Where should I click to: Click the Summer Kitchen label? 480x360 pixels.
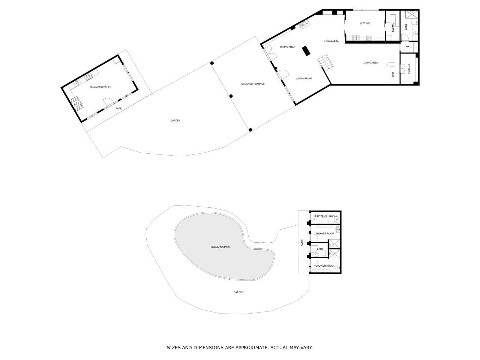point(101,87)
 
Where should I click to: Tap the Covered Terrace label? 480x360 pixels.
point(253,84)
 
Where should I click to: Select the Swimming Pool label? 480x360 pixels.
point(221,247)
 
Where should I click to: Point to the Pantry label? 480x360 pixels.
point(393,28)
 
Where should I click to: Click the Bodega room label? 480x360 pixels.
point(409,69)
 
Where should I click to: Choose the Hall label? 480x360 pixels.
point(409,46)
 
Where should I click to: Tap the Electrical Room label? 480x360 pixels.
point(325,216)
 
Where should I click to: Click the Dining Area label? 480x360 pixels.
point(287,47)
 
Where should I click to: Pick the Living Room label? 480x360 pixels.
point(304,79)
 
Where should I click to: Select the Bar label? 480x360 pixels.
point(393,74)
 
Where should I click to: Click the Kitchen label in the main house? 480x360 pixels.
point(365,23)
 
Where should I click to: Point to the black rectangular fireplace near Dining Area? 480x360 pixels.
point(306,51)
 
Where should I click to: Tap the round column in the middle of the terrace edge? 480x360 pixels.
point(231,96)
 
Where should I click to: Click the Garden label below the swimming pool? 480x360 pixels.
point(238,292)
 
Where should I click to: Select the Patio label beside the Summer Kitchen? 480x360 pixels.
point(119,108)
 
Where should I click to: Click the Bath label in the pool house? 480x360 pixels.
point(320,249)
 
